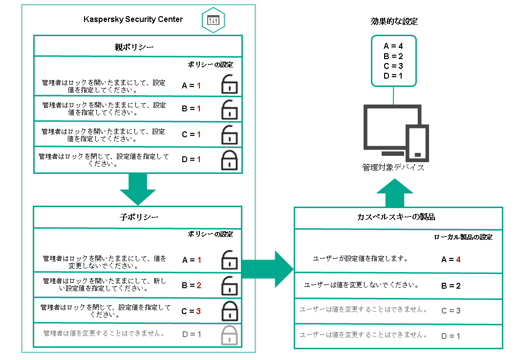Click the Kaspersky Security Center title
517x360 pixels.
click(133, 20)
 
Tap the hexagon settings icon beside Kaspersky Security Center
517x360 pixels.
click(214, 21)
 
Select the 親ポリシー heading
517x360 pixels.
click(137, 47)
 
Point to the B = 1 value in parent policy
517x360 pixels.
click(191, 109)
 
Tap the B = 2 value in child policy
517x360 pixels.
click(191, 285)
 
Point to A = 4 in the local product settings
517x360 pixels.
click(451, 260)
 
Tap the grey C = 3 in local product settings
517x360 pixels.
click(451, 311)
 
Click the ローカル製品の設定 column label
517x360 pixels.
click(463, 237)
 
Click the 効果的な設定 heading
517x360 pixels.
click(394, 22)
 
